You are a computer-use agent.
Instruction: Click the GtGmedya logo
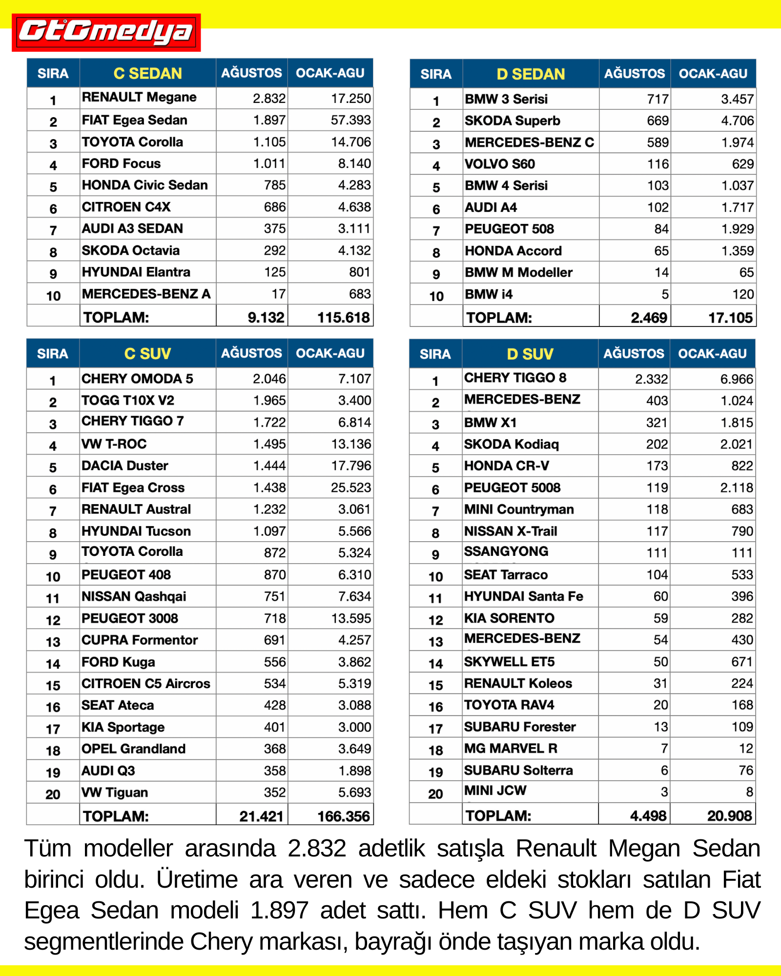coord(106,32)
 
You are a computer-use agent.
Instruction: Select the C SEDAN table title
coord(147,73)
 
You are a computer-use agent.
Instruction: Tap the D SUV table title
coord(530,354)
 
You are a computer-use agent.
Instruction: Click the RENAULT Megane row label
coord(139,98)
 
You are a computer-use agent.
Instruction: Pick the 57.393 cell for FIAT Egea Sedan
coord(350,120)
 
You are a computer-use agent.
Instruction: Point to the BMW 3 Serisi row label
coord(506,100)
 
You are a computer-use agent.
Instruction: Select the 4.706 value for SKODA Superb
coord(737,121)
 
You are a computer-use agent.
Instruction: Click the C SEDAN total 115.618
coord(343,318)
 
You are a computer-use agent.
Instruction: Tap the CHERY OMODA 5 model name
coord(137,379)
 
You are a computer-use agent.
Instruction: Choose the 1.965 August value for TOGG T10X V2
coord(269,401)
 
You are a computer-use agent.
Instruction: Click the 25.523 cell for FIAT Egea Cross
coord(350,488)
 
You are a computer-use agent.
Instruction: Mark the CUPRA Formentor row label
coord(140,640)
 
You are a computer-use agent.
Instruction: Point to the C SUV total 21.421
coord(261,816)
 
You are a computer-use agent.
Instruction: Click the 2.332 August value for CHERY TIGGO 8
coord(651,379)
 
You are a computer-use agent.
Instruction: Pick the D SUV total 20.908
coord(729,816)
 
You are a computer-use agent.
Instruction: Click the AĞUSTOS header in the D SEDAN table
coord(634,74)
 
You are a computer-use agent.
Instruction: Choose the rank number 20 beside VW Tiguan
coord(53,794)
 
